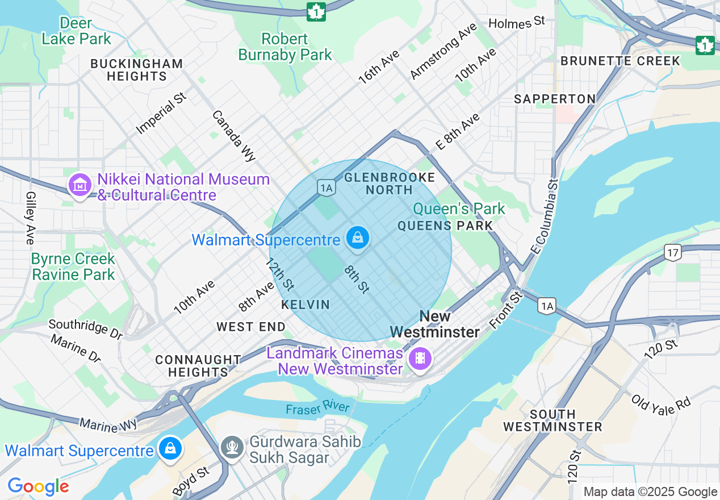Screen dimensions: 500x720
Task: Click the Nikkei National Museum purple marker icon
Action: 80,185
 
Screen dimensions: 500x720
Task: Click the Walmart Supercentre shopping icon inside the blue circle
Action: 358,238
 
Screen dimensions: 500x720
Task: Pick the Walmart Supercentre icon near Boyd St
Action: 170,449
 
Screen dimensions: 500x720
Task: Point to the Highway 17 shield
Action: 673,252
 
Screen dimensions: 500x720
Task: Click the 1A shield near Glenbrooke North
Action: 326,188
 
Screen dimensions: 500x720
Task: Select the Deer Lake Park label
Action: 76,31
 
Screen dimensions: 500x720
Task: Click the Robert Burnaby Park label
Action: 285,47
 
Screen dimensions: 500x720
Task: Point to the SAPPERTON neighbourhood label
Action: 555,99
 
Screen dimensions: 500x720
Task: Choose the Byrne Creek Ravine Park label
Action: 73,266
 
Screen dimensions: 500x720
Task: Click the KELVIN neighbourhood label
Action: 305,305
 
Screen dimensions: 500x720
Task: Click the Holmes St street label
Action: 516,22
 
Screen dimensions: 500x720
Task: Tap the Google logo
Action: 38,486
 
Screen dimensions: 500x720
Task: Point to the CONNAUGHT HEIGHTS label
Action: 198,366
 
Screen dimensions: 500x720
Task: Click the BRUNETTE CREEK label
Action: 620,61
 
